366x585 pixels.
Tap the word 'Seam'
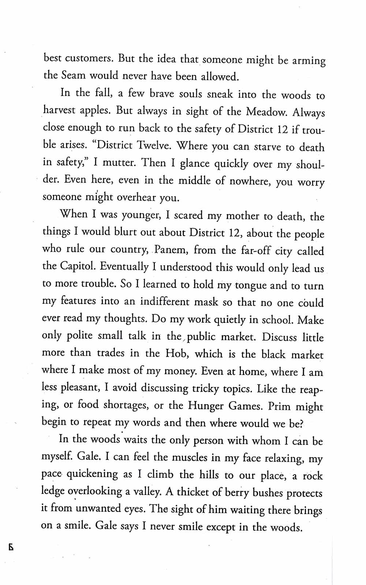(x=74, y=75)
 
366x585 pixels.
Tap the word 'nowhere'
(x=248, y=181)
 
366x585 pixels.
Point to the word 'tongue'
(x=250, y=285)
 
